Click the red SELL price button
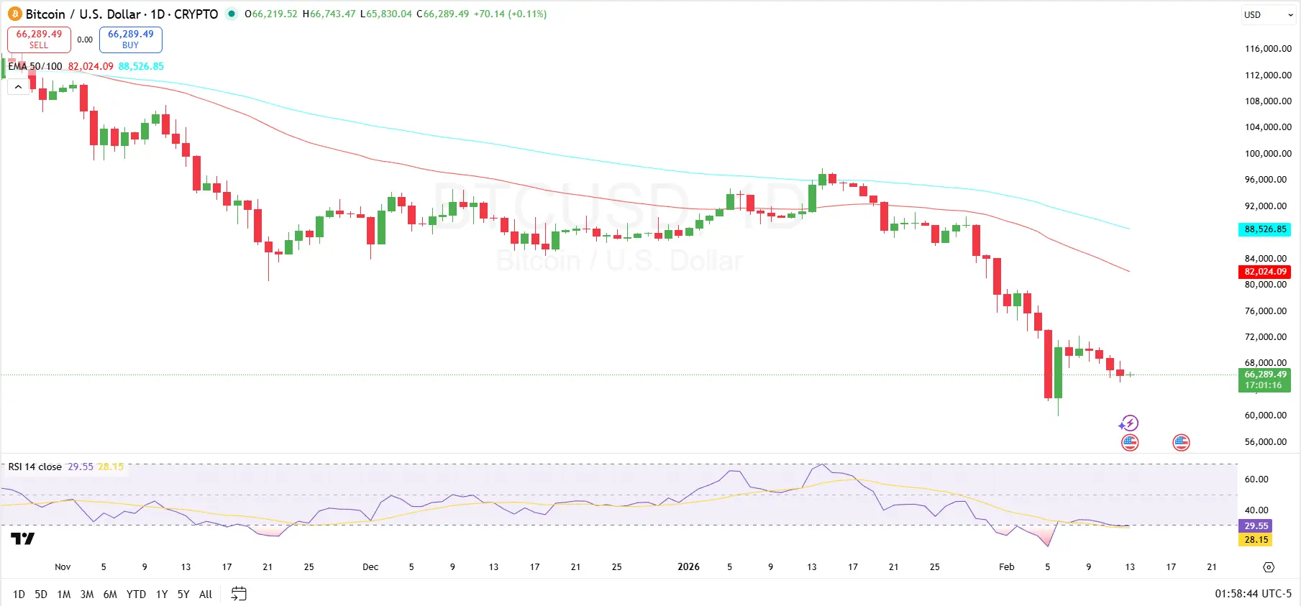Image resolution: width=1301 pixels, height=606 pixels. pos(39,40)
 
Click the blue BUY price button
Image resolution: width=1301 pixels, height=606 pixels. pos(130,40)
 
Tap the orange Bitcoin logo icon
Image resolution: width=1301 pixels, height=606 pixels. pos(15,14)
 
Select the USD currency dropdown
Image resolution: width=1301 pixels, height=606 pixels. pos(1269,15)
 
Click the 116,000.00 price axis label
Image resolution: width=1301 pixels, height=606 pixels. pos(1268,49)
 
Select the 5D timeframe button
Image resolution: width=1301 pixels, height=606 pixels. pos(41,594)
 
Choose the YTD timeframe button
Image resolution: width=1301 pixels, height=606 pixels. pos(136,594)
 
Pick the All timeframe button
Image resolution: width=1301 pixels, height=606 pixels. pos(206,594)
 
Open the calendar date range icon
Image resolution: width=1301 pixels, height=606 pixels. pos(239,594)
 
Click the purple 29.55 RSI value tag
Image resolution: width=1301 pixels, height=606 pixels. pos(1256,526)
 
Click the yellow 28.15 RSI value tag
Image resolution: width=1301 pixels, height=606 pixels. pos(1256,540)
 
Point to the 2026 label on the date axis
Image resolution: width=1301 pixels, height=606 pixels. pos(688,567)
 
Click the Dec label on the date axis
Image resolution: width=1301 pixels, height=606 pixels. pos(370,567)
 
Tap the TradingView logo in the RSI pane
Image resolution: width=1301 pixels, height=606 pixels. pos(22,538)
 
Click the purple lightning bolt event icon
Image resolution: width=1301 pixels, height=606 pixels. pos(1129,423)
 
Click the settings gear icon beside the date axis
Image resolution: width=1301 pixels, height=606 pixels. pos(1269,567)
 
